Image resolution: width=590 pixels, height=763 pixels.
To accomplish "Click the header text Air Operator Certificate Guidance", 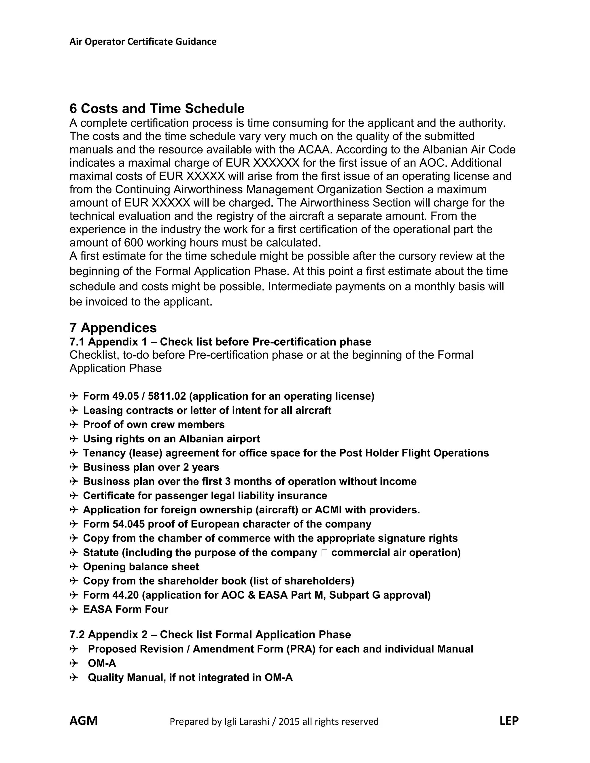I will tap(143, 41).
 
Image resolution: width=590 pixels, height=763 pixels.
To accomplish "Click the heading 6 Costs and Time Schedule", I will tap(157, 109).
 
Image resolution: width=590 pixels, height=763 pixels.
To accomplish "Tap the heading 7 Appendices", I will tap(113, 328).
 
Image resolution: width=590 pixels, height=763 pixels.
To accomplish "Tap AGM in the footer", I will tap(84, 721).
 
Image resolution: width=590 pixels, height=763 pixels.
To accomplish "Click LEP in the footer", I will tap(509, 721).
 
